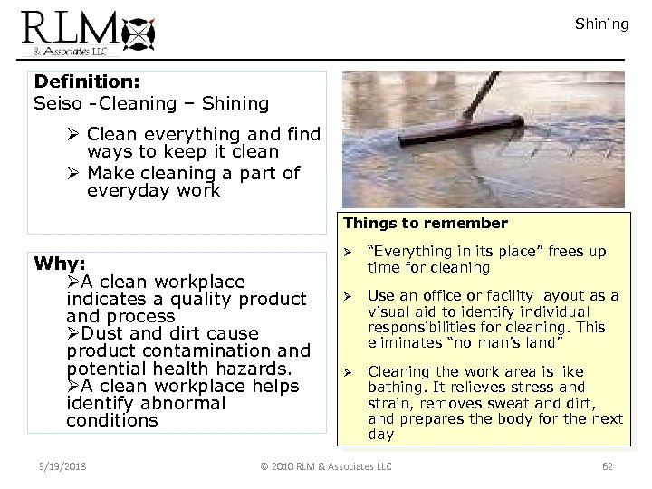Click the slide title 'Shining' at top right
tap(601, 24)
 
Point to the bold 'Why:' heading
tap(60, 264)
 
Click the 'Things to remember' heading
tap(425, 224)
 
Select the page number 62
tap(608, 466)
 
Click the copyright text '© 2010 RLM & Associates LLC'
tap(325, 466)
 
